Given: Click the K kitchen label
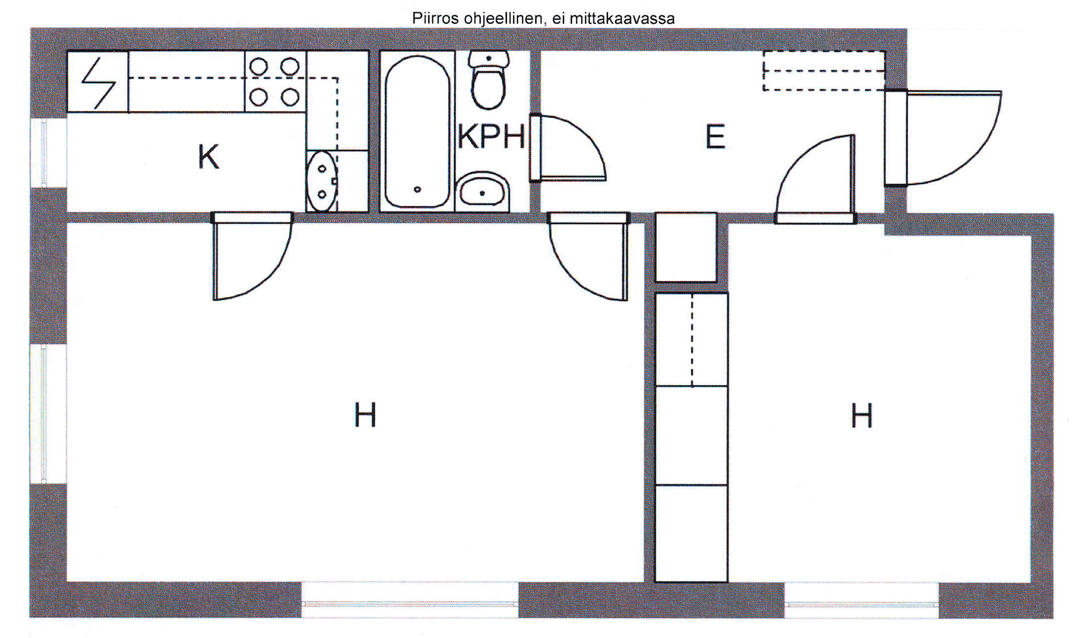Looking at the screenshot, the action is (208, 157).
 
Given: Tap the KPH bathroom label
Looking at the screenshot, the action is (491, 136).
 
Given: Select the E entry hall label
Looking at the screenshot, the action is (715, 136).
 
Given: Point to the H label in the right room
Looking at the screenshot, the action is (862, 416).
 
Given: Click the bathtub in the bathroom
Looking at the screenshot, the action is (418, 131).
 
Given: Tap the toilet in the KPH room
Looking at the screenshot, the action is (489, 80).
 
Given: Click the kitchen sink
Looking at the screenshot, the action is (322, 181).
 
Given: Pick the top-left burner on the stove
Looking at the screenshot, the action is (259, 67).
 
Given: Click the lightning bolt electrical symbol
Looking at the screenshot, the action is (98, 83).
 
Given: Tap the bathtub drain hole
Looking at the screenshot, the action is (418, 189).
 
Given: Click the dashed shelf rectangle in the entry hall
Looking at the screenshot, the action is (824, 71).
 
